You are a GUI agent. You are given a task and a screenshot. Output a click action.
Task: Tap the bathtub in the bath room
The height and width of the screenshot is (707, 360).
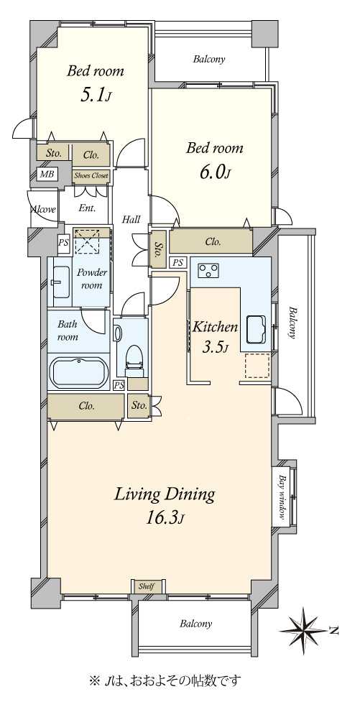coord(79,373)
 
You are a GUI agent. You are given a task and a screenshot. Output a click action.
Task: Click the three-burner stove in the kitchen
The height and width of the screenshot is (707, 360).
coord(208,269)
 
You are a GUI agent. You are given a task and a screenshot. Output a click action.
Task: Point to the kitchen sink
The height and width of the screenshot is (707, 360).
coord(257,330)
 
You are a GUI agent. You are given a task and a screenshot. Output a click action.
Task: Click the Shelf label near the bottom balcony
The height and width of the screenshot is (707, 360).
coord(147,586)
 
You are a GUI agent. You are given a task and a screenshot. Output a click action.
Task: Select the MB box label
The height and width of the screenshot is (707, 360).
coord(46,175)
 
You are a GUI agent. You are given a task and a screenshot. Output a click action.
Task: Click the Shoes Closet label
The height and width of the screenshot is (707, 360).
coord(91,176)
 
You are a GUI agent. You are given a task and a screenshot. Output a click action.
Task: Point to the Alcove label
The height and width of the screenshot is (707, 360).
coord(43,209)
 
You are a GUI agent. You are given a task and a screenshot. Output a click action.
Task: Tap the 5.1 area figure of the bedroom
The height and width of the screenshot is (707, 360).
coord(95,96)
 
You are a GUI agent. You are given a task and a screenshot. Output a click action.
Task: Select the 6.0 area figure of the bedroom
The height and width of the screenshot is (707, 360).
coord(214,172)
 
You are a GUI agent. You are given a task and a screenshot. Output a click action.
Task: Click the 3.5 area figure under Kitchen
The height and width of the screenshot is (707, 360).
coord(215,348)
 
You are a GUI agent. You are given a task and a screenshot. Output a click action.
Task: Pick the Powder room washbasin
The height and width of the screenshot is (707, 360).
coord(61,282)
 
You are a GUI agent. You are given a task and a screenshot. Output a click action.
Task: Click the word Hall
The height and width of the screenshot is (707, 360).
coord(131,220)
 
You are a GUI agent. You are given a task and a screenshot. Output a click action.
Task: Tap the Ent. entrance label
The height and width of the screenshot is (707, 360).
coord(87,209)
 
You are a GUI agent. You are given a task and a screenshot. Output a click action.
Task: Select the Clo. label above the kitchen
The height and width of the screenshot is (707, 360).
coord(213,242)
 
